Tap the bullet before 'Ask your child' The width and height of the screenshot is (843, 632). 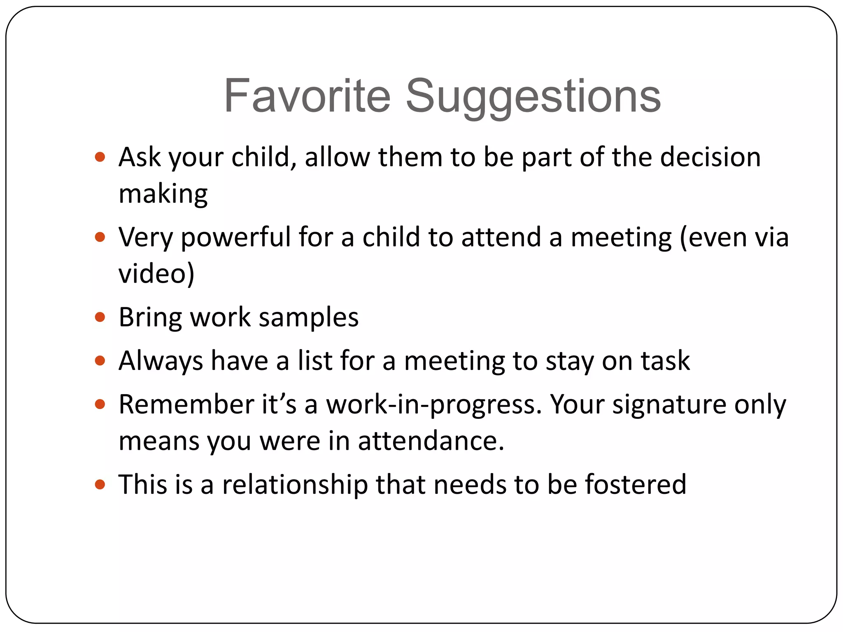(100, 157)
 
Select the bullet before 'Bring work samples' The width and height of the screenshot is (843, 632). (100, 317)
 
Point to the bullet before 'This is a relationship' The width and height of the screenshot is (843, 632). (100, 484)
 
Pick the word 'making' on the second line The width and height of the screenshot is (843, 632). (163, 194)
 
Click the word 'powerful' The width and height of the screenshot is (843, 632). (236, 238)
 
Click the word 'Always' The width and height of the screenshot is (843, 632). (161, 361)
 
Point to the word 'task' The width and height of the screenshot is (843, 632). (665, 361)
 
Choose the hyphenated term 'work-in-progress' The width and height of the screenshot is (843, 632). (434, 405)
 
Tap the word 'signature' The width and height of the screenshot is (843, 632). (669, 405)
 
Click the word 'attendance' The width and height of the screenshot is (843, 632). (431, 441)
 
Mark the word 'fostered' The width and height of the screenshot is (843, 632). (636, 484)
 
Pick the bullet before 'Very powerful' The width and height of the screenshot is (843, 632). (100, 237)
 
